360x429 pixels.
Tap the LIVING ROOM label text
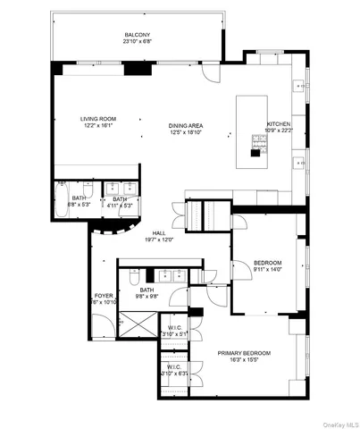[76, 119]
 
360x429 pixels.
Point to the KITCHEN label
[279, 124]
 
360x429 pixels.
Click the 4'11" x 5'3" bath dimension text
[120, 206]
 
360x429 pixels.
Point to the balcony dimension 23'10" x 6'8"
[137, 41]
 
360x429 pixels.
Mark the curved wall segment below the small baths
[107, 232]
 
